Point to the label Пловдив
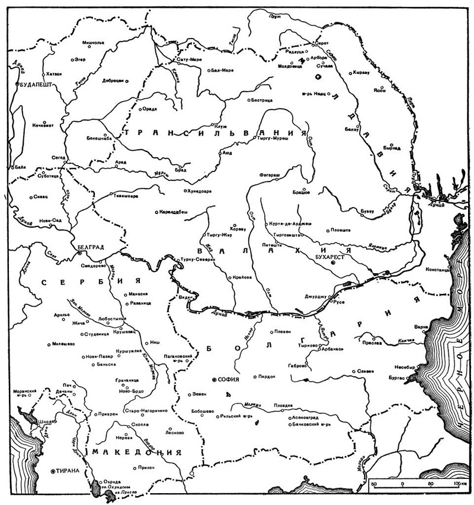283,404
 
